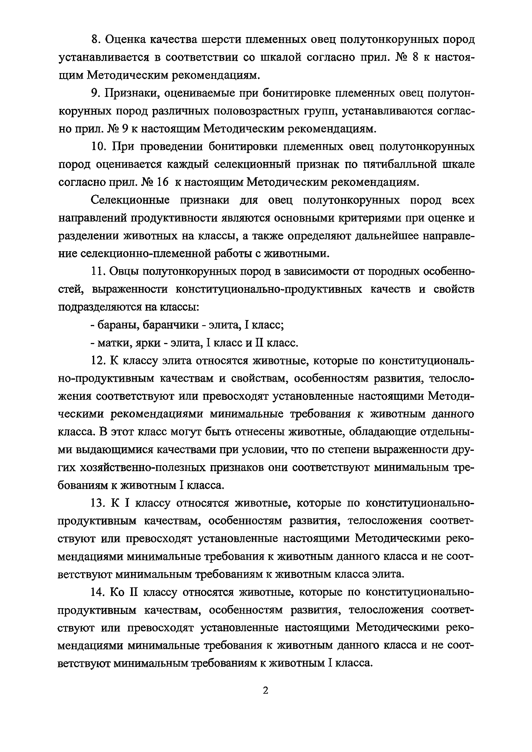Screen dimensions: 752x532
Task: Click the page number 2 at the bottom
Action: click(x=266, y=691)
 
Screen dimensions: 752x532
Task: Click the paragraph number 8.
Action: click(x=94, y=40)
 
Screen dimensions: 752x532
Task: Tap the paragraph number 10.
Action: click(x=97, y=146)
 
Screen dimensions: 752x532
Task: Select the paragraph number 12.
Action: click(x=97, y=361)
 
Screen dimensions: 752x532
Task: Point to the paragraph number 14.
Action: click(x=97, y=592)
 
